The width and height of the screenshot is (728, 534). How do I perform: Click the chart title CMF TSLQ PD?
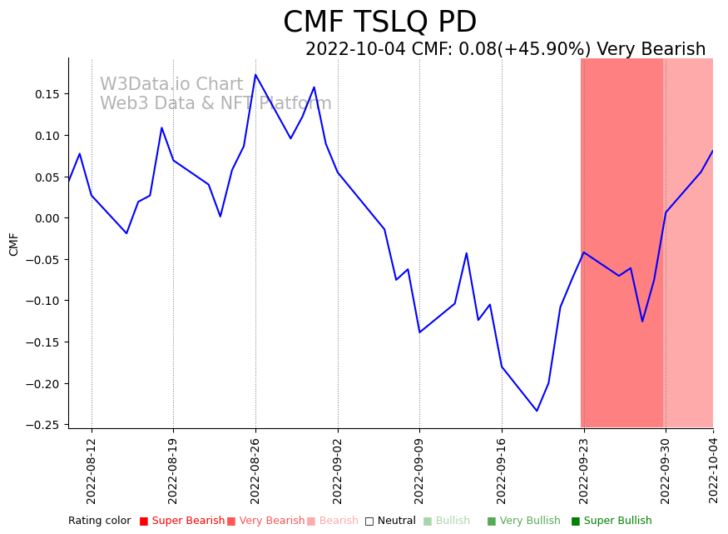coord(379,22)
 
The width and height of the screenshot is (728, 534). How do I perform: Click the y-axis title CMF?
coord(14,244)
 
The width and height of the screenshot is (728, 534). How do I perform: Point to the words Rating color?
coord(99,521)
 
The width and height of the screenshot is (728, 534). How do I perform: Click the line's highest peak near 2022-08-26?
coord(255,75)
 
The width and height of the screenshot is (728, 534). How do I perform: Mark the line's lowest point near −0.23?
coord(537,411)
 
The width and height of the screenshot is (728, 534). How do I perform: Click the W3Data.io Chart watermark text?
coord(171,85)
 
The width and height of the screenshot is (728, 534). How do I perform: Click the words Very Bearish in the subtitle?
coord(651,50)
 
